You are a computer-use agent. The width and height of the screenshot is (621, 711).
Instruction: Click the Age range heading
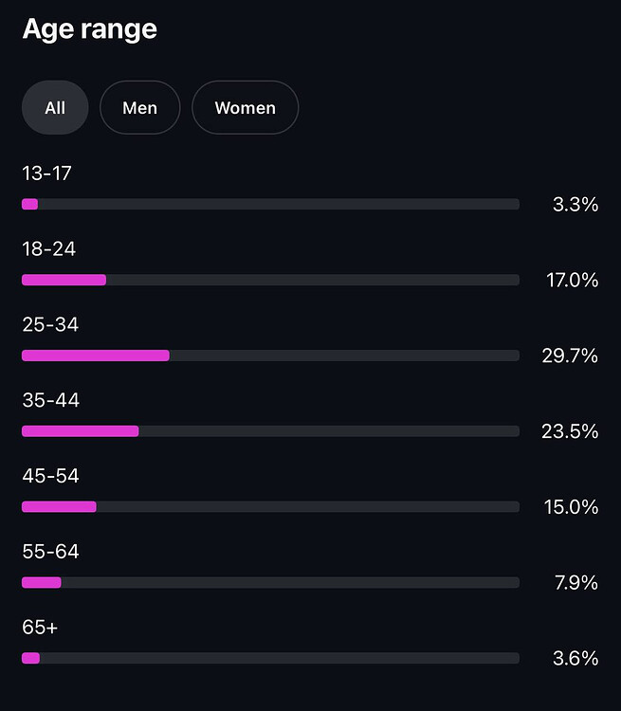coord(89,29)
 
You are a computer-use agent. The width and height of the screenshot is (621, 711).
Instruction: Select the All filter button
coord(55,108)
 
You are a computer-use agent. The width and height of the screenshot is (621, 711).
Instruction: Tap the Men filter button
coord(139,108)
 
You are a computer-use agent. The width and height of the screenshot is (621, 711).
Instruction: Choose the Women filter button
coord(245,108)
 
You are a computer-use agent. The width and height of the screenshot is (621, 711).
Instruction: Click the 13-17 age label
coord(46,173)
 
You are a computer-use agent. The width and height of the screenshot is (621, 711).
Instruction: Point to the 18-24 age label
coord(48,249)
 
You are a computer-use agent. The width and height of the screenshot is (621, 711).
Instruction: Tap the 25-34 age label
coord(49,325)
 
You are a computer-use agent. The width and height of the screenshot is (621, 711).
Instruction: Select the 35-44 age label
coord(50,400)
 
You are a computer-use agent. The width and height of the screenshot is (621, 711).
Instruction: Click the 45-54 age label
coord(50,476)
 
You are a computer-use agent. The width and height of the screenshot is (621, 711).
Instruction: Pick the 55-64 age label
coord(50,552)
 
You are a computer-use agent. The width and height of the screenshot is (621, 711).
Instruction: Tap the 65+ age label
coord(40,628)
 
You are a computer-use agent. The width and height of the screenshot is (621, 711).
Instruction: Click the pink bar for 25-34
coord(95,355)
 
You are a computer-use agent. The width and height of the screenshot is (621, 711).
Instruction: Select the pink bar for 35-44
coord(80,431)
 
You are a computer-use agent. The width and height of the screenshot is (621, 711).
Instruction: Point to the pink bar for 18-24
coord(64,280)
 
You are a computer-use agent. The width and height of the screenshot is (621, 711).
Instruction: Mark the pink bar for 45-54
coord(59,507)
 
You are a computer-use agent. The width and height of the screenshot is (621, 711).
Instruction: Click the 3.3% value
coord(575,204)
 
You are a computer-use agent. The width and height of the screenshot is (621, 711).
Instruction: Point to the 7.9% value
coord(575,583)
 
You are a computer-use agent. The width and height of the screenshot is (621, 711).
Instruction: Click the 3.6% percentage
coord(575,658)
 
